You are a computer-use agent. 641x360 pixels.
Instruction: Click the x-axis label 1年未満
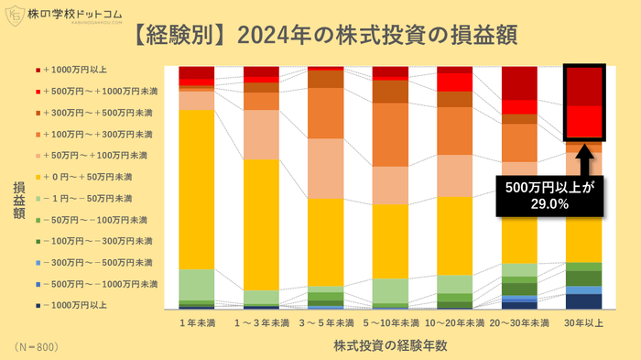(196, 322)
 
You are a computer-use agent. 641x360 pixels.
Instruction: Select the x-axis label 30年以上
(583, 322)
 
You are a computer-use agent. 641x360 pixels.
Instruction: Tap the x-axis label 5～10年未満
(389, 322)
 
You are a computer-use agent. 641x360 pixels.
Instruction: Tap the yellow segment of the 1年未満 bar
(196, 188)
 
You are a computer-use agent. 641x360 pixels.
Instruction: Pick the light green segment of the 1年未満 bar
(196, 284)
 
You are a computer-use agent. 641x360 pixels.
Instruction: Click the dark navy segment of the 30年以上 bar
(583, 301)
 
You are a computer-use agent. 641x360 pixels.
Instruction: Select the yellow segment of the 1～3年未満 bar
(261, 224)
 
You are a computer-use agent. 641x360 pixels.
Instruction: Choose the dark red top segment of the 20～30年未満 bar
(519, 82)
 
